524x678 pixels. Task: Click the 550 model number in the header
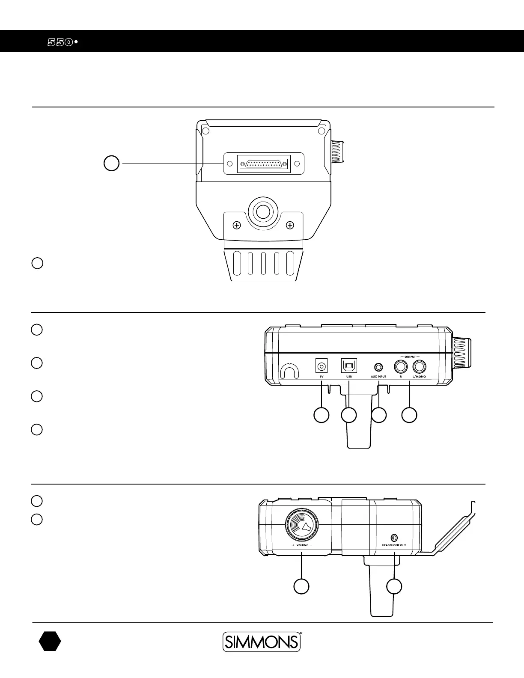click(60, 42)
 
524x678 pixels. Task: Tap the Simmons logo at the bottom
click(261, 642)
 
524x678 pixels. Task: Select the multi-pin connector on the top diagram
click(264, 164)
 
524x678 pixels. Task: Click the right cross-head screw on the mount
click(290, 225)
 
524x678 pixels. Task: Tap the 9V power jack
click(321, 366)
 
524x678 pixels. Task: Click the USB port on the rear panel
click(349, 366)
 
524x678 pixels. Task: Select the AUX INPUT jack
click(378, 367)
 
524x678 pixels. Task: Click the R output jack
click(401, 367)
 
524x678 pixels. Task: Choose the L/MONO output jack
click(420, 367)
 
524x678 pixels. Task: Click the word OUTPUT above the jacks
click(410, 357)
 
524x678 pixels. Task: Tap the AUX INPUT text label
click(378, 377)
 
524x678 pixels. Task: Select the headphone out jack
click(394, 537)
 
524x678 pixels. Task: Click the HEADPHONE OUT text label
click(394, 545)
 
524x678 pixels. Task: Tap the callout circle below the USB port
click(349, 415)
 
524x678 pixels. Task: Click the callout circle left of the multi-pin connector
click(112, 164)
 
